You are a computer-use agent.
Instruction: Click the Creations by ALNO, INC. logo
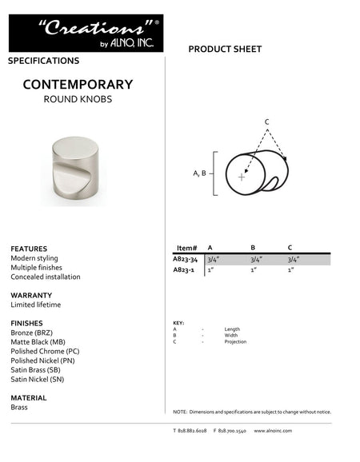[86, 33]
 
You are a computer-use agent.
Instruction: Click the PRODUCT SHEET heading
[225, 50]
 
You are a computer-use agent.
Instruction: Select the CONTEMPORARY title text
[78, 84]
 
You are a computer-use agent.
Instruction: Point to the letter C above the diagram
[266, 121]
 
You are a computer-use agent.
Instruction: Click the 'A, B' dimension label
[200, 173]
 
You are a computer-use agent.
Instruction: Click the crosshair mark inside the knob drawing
[242, 177]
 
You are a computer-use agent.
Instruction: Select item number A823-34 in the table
[185, 259]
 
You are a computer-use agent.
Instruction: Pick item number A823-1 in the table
[183, 270]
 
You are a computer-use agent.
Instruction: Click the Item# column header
[186, 248]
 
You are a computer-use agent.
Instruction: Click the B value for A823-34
[257, 259]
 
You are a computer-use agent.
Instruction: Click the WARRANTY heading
[31, 295]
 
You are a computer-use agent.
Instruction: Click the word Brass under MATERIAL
[19, 407]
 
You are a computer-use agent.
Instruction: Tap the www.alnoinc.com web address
[273, 431]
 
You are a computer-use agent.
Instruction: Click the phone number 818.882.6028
[190, 431]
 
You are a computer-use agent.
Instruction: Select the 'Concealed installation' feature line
[46, 277]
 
